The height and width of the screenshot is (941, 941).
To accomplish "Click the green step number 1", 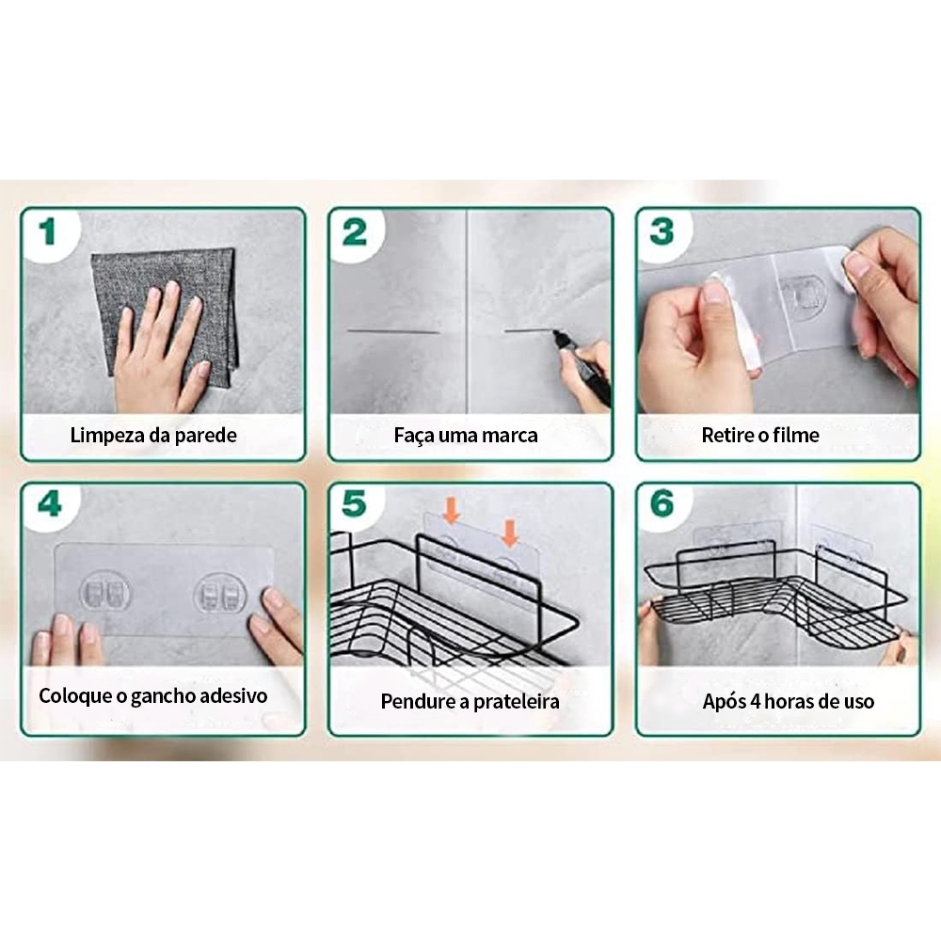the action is [47, 231].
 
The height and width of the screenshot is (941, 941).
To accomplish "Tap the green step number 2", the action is [355, 232].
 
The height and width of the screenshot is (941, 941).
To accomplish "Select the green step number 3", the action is [662, 232].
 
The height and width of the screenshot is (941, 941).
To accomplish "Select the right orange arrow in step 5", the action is [509, 534].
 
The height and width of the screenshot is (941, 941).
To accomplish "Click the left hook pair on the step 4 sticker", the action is [104, 592].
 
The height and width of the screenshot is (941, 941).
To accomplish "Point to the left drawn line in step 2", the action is [393, 330].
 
